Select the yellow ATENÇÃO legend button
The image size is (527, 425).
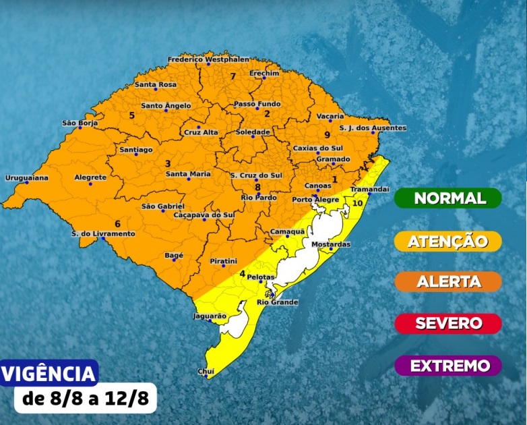click(448, 241)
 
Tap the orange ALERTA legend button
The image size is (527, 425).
click(448, 281)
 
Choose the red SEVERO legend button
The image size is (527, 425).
click(448, 323)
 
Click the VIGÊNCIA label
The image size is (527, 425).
click(50, 373)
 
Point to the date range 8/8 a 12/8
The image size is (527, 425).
click(85, 398)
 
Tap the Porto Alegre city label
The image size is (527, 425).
click(315, 200)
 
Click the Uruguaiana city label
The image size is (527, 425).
click(27, 177)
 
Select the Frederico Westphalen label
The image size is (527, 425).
click(208, 59)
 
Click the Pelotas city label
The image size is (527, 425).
click(259, 277)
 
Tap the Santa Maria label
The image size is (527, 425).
click(188, 174)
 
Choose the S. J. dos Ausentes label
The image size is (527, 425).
click(372, 128)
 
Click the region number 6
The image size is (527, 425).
click(117, 223)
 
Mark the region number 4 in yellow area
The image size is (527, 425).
click(242, 274)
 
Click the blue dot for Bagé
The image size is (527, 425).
click(174, 260)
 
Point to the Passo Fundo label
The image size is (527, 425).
click(257, 104)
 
